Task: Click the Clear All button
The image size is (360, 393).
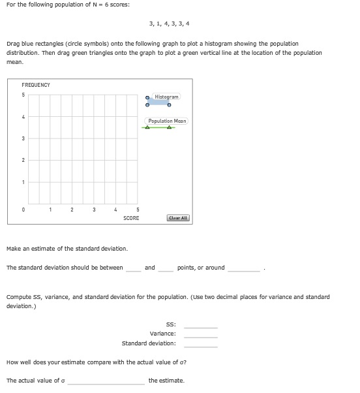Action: pos(178,218)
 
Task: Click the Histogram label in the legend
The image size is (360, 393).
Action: pos(166,96)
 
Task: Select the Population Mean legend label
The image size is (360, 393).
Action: pos(167,121)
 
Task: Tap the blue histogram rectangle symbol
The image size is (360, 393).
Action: pos(158,102)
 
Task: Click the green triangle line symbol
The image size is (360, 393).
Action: pos(158,127)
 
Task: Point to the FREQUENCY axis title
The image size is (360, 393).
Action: pos(36,85)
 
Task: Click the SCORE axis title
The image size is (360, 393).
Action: pos(131,218)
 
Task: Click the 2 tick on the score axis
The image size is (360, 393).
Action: pos(72,210)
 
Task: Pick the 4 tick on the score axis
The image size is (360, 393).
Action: pos(115,210)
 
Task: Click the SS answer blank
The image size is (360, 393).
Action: pos(200,324)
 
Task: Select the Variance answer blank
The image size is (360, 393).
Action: pos(200,334)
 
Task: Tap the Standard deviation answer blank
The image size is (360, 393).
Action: pos(200,343)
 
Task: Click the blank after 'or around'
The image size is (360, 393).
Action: pos(244,268)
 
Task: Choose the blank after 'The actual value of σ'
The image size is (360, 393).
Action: pos(106,381)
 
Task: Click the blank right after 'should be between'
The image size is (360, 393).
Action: pos(133,268)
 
